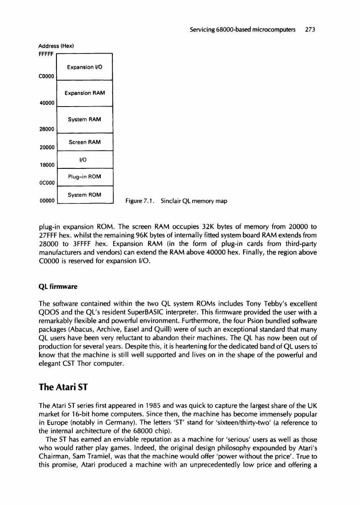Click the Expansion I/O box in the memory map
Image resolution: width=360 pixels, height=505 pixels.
click(x=84, y=67)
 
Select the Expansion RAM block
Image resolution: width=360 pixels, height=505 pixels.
click(x=84, y=93)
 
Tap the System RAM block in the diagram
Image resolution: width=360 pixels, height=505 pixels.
click(x=84, y=120)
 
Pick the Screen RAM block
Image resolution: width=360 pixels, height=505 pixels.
click(x=84, y=142)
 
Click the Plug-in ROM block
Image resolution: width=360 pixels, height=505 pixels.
click(x=84, y=177)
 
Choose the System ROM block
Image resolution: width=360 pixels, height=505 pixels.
click(x=84, y=195)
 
